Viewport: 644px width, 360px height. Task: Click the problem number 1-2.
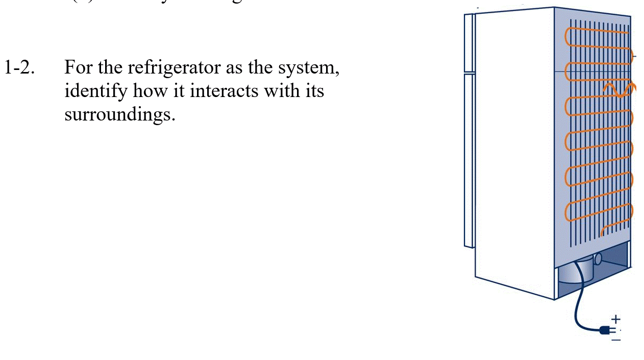pos(19,67)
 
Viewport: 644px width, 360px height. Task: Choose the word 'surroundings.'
pos(120,114)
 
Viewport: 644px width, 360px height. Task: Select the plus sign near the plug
pos(616,319)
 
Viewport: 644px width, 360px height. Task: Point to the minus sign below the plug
pos(616,340)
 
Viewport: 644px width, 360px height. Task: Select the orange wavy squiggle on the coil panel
pos(618,89)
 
